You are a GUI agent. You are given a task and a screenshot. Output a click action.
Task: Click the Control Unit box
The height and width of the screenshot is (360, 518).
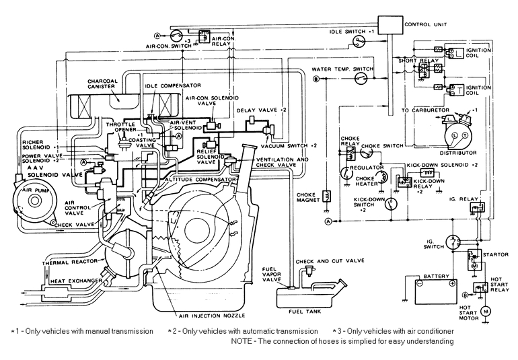pyautogui.click(x=390, y=24)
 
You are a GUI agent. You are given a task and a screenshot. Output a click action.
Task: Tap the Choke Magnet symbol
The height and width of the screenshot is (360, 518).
pyautogui.click(x=326, y=196)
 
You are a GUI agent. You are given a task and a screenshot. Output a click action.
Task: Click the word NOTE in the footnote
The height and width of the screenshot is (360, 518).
pyautogui.click(x=242, y=341)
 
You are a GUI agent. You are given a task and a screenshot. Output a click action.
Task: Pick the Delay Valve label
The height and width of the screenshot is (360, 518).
pyautogui.click(x=263, y=109)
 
